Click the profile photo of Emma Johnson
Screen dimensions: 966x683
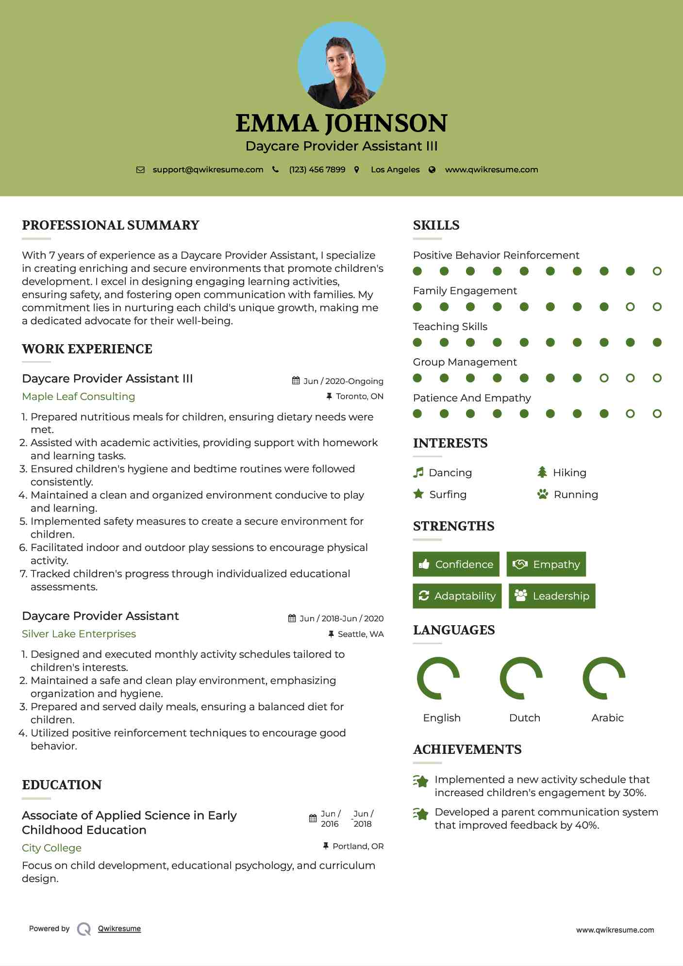(x=341, y=66)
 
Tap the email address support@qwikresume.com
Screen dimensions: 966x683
(x=208, y=170)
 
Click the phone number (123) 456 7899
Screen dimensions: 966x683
(x=317, y=170)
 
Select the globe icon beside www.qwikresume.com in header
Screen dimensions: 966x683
(x=432, y=170)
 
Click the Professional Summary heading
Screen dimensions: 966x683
(x=111, y=225)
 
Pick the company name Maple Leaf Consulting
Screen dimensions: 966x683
(x=79, y=397)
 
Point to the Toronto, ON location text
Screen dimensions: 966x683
(x=359, y=397)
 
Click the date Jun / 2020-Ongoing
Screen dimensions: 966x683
(x=343, y=381)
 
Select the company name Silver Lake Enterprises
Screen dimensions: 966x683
(x=79, y=634)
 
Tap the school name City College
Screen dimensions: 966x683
(x=51, y=848)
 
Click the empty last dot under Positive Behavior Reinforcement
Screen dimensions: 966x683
(x=657, y=271)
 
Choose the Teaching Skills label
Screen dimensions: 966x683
(x=450, y=327)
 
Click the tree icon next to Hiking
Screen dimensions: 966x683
(x=542, y=472)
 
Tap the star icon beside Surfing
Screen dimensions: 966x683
(x=418, y=494)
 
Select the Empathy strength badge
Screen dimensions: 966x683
(x=546, y=564)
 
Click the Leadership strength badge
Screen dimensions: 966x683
(x=552, y=596)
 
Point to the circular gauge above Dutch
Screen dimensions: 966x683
(x=521, y=678)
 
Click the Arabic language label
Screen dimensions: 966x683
(x=607, y=718)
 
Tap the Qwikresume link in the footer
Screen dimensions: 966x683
(x=119, y=929)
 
